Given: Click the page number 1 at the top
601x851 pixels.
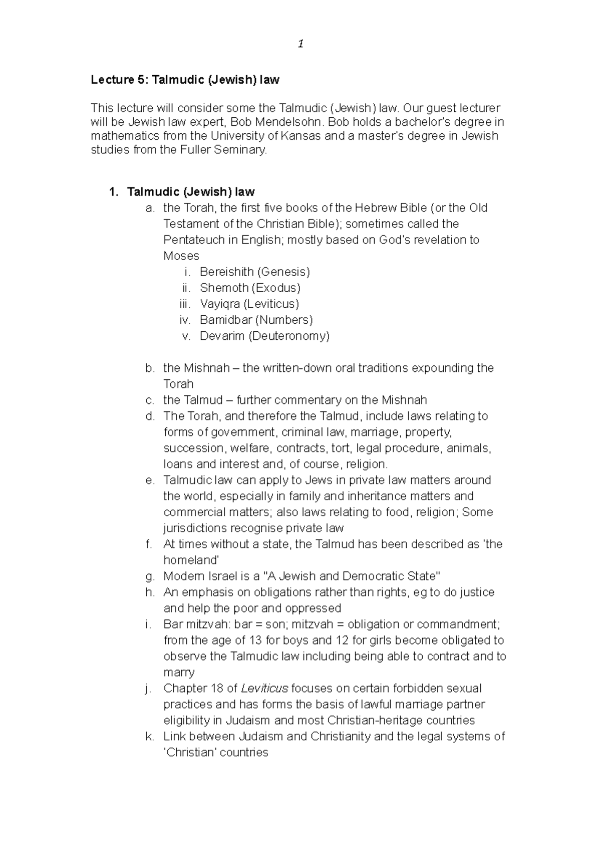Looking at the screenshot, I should coord(300,44).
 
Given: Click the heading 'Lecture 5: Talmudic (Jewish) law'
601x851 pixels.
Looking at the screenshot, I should coord(185,80).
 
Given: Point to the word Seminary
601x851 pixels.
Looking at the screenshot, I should coord(241,150).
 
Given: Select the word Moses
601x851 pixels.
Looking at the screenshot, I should coord(181,256).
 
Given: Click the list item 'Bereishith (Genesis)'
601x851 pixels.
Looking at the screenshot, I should coord(254,272).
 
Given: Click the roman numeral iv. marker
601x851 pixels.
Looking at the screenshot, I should coord(185,320).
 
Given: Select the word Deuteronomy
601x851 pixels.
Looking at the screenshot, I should coord(289,336).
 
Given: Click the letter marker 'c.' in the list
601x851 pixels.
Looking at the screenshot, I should coord(149,400).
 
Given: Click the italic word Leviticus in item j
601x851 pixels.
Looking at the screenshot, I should coord(264,689).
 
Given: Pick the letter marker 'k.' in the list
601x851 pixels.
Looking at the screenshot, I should coord(149,737).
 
